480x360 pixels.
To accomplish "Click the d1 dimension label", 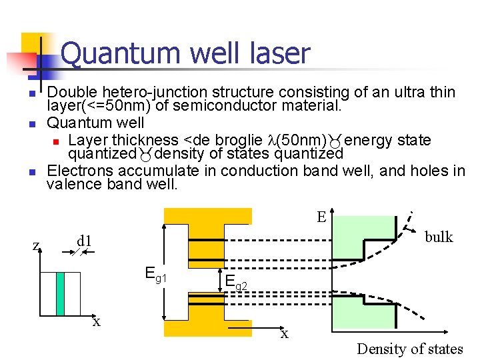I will coord(84,239).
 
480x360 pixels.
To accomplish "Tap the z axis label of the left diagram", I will coord(35,245).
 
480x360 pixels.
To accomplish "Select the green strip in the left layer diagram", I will coord(60,293).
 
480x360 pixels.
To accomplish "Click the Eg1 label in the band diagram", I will coord(155,273).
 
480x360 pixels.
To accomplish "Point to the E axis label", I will coord(321,217).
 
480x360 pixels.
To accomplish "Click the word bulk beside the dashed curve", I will coord(439,237).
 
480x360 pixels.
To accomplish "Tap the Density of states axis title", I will coord(409,348).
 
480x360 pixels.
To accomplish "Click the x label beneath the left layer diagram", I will coord(97,322).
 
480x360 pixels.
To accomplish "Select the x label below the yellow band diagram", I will coord(285,333).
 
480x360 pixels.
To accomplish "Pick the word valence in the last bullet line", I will coord(74,184).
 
